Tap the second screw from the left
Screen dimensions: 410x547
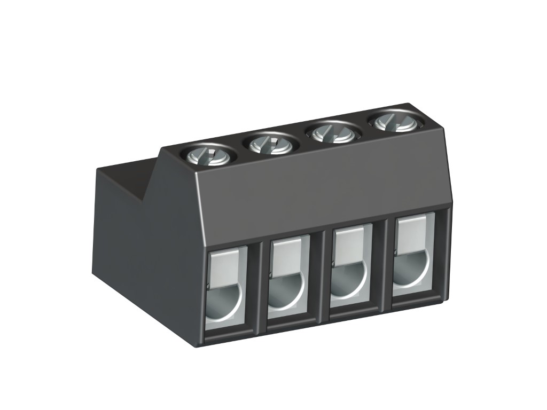point(270,143)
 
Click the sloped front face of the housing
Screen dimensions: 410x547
point(321,187)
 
